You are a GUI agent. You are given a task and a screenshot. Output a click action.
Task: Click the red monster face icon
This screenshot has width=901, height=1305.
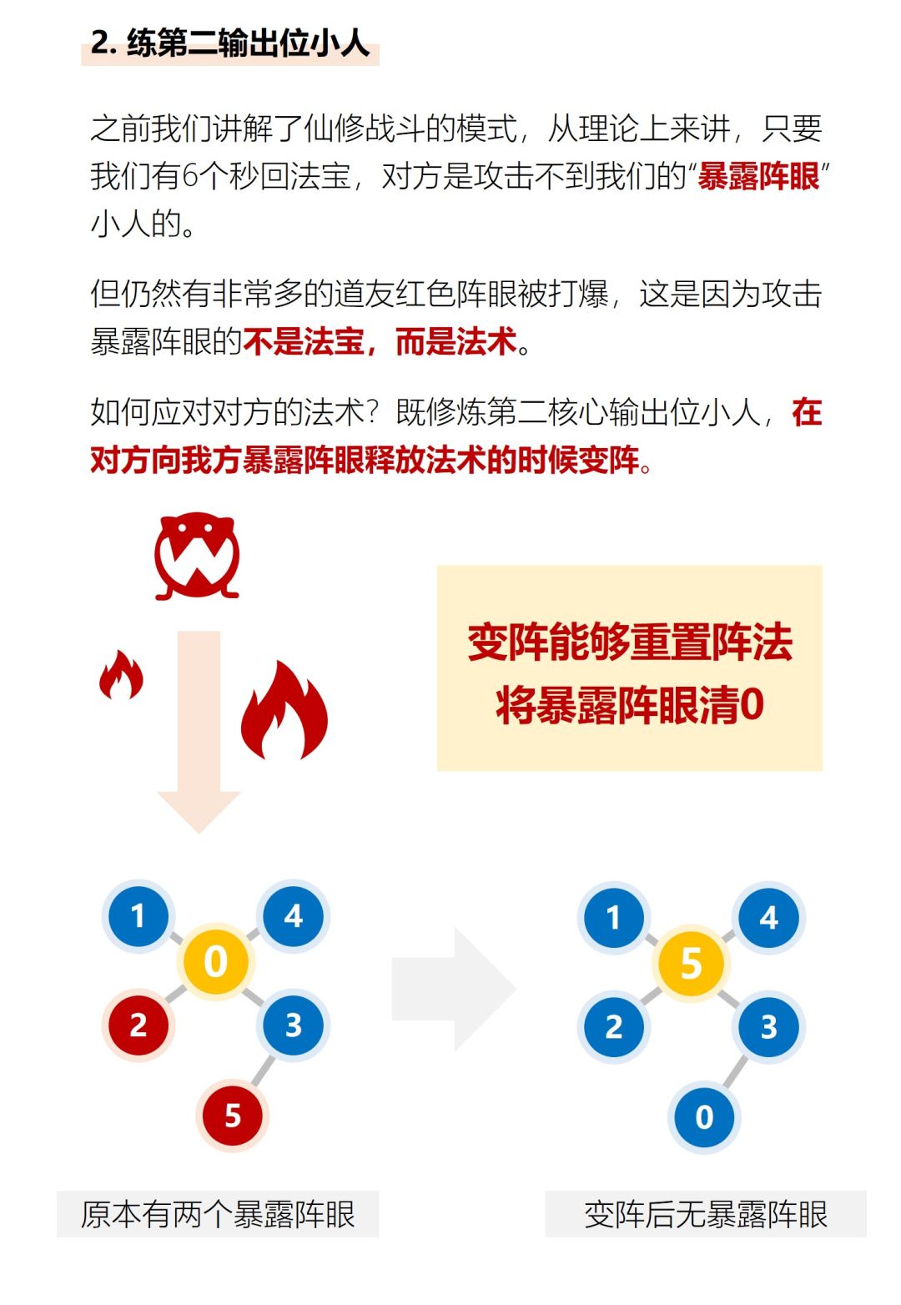[x=197, y=556]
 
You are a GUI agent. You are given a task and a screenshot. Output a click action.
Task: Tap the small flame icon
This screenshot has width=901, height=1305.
[x=121, y=675]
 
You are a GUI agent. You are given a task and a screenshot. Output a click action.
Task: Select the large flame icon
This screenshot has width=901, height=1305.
[x=284, y=711]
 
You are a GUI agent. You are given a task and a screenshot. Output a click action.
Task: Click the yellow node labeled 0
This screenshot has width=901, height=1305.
[x=215, y=961]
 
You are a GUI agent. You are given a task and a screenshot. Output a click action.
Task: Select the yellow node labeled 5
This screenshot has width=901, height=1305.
[x=691, y=963]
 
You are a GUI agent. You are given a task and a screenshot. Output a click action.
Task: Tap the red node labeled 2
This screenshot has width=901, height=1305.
[x=138, y=1025]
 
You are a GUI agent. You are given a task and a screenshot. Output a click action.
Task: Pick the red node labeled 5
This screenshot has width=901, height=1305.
[x=233, y=1115]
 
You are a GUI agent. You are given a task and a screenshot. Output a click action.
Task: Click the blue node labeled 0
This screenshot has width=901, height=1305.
[x=704, y=1116]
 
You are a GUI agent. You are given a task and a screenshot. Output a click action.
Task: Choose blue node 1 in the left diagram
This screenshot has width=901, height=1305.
[x=138, y=916]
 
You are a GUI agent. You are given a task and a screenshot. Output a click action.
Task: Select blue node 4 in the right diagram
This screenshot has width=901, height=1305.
[x=768, y=918]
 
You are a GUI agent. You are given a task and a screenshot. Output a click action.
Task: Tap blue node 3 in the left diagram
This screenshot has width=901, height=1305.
[x=293, y=1025]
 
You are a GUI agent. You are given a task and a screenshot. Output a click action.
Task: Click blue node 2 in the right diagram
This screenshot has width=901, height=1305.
[x=613, y=1026]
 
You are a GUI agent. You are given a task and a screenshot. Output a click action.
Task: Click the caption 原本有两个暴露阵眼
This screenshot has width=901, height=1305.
[x=218, y=1214]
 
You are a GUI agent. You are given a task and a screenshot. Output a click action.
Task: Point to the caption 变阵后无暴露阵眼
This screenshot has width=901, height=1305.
[x=706, y=1214]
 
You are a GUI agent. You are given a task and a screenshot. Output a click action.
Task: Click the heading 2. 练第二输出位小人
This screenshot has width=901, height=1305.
[x=230, y=43]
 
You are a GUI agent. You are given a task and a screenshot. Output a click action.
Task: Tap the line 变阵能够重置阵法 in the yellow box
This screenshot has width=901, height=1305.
[x=630, y=642]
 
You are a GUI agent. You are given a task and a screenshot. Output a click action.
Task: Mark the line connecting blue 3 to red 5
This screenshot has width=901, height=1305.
[x=264, y=1070]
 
